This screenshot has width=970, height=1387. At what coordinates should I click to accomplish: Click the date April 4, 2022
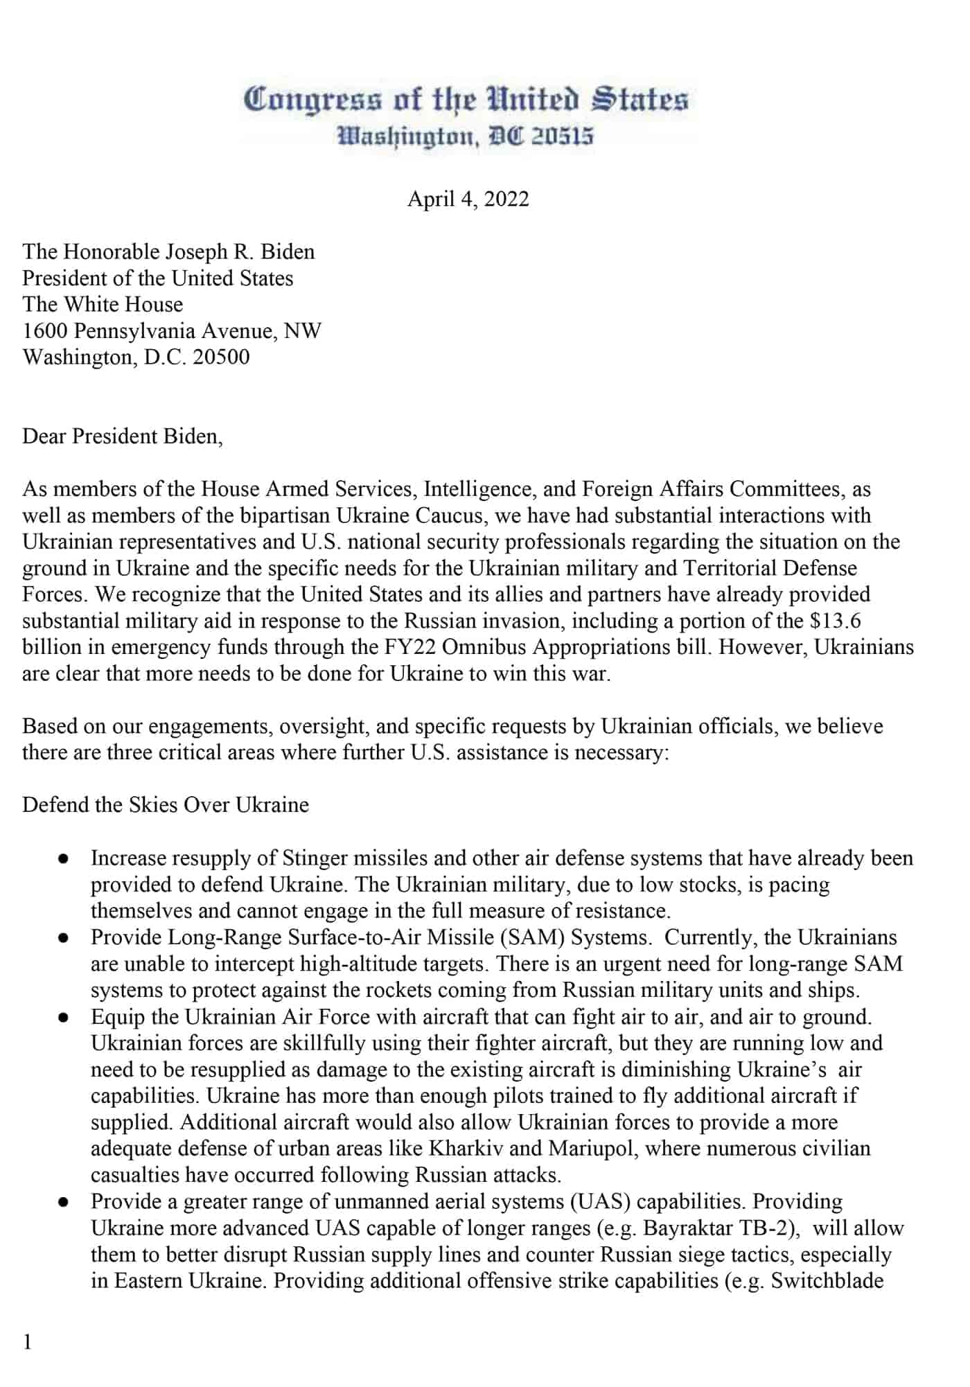coord(468,200)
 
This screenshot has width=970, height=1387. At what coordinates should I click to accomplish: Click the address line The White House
coord(103,305)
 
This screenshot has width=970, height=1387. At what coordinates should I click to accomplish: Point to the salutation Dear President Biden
coord(123,436)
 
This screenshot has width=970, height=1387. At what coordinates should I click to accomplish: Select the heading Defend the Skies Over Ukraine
coord(166,805)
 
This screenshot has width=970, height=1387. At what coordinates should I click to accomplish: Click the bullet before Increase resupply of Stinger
coord(63,859)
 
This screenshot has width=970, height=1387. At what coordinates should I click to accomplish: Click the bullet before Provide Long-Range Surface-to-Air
coord(63,938)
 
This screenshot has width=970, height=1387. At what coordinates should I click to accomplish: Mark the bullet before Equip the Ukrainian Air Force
coord(63,1018)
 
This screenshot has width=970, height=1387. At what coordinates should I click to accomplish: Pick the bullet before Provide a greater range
coord(63,1202)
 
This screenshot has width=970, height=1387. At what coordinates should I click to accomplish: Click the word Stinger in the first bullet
coord(315,858)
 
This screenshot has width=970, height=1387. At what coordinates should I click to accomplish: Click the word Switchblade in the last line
coord(827,1281)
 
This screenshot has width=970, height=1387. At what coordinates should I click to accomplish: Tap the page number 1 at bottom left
coord(28,1343)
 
